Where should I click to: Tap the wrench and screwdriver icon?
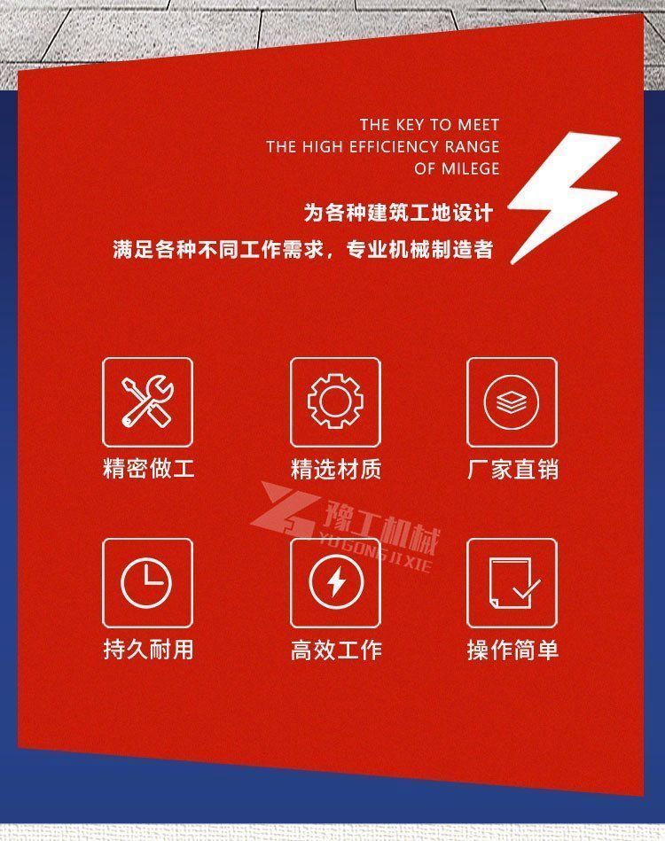(x=147, y=401)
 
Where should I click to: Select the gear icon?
(x=335, y=401)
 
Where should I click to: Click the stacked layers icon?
(x=512, y=401)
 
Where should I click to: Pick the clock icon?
(x=146, y=583)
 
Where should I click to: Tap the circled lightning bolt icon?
(x=336, y=582)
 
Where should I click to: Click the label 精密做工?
(x=148, y=468)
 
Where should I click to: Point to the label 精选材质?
(x=336, y=469)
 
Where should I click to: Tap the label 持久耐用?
(x=148, y=650)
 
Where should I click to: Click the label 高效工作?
(x=336, y=650)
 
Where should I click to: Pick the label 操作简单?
(x=512, y=650)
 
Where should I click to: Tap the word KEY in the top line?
(x=410, y=125)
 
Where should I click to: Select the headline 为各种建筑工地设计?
(x=398, y=213)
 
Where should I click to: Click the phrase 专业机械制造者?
(x=419, y=249)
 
